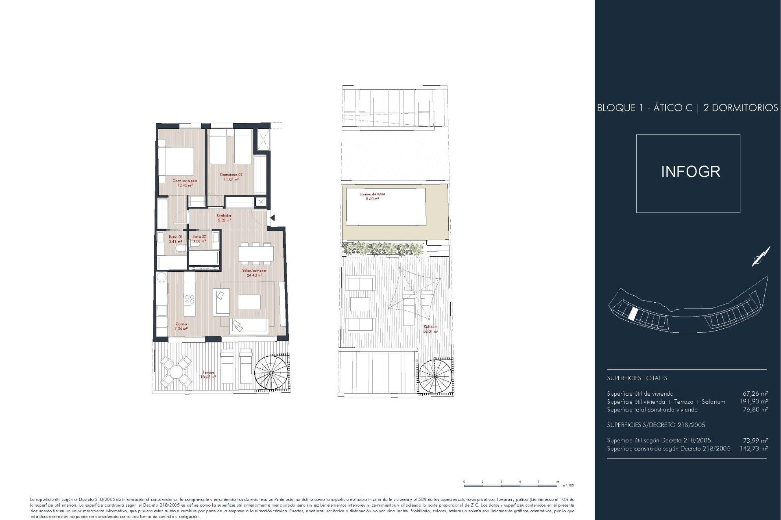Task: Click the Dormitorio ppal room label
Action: tap(185, 183)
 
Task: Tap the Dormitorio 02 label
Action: tap(231, 177)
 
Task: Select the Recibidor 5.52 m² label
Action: tap(224, 218)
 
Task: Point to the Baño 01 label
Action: tap(175, 239)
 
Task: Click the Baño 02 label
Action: tap(199, 239)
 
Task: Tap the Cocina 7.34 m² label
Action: tap(181, 326)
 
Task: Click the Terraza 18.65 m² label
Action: tap(208, 375)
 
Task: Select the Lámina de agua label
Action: tap(372, 196)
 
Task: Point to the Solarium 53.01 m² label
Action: tap(431, 329)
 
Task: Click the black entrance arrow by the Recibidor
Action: tap(273, 218)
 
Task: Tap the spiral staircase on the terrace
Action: tap(271, 372)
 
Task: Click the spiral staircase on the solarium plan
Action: tap(435, 376)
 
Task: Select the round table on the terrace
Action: tap(176, 372)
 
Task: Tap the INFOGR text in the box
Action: tap(690, 172)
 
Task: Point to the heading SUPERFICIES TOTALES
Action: tap(637, 378)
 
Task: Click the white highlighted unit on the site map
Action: tap(633, 313)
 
